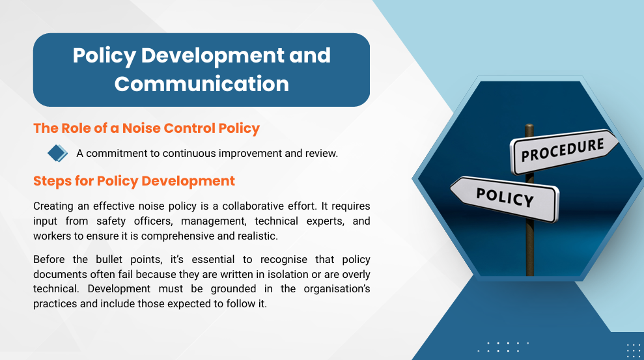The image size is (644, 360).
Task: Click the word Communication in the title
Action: click(x=202, y=84)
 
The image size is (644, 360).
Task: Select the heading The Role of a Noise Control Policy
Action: click(x=147, y=128)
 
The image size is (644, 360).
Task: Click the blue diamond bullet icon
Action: click(x=57, y=153)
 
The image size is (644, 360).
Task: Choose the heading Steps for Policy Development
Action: click(x=134, y=181)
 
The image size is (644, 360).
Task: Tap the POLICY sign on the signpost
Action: click(x=505, y=198)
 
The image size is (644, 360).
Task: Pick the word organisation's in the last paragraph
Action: click(x=337, y=289)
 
